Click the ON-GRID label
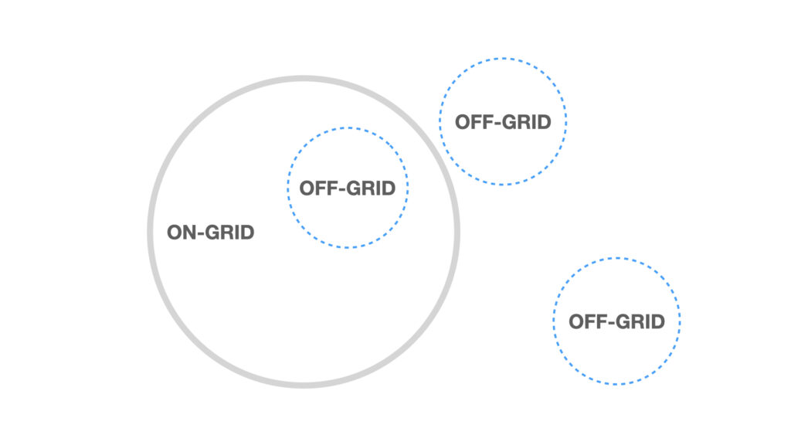point(210,233)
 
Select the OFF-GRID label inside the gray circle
point(347,189)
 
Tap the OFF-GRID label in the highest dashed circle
point(503,122)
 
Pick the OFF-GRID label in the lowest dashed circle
point(616,321)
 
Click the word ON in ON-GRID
point(182,233)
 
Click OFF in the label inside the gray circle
point(318,189)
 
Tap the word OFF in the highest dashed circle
point(474,122)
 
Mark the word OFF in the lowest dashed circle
point(588,321)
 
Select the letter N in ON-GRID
point(191,233)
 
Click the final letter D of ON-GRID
point(247,233)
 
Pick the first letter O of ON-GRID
point(175,233)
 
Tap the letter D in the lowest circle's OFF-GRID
point(658,321)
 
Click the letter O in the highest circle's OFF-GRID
point(463,122)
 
